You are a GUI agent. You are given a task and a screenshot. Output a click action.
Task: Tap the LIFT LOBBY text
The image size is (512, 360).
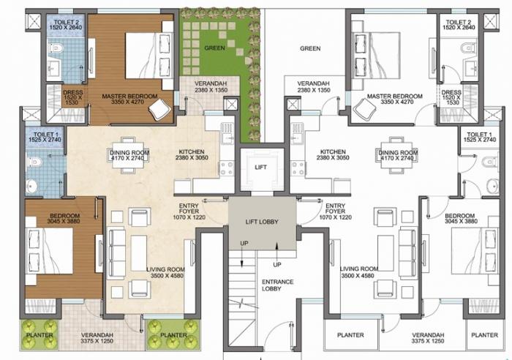tap(261, 222)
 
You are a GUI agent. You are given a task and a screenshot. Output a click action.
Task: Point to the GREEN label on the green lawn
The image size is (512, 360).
tap(214, 49)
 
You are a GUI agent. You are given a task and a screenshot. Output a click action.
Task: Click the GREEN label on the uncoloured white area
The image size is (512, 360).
tap(311, 49)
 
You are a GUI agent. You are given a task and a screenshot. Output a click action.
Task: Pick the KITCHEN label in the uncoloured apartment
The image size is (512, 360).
tap(332, 152)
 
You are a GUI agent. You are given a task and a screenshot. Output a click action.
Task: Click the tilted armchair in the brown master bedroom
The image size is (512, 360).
tap(159, 108)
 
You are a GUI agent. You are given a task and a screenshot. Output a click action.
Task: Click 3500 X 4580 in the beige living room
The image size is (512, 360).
tap(164, 276)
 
